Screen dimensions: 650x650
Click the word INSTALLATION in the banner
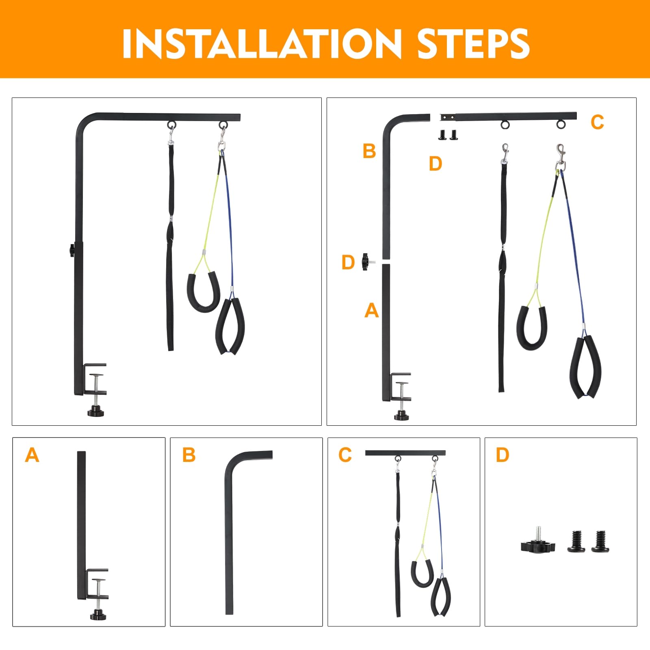pyautogui.click(x=262, y=43)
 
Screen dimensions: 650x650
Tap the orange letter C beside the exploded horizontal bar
pyautogui.click(x=597, y=122)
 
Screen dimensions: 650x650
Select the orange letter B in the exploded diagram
pyautogui.click(x=369, y=151)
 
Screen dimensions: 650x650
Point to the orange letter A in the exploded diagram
pyautogui.click(x=371, y=311)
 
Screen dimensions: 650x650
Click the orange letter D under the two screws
pyautogui.click(x=435, y=164)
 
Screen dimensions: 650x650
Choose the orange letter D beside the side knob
pyautogui.click(x=348, y=262)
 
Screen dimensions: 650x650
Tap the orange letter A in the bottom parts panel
pyautogui.click(x=32, y=455)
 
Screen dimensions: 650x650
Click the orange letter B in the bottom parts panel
pyautogui.click(x=189, y=455)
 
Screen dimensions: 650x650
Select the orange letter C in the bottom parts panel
pyautogui.click(x=345, y=455)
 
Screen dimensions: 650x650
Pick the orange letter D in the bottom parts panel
pyautogui.click(x=502, y=455)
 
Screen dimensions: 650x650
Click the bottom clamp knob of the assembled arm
pyautogui.click(x=96, y=411)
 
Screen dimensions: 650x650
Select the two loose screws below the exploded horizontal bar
pyautogui.click(x=448, y=134)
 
